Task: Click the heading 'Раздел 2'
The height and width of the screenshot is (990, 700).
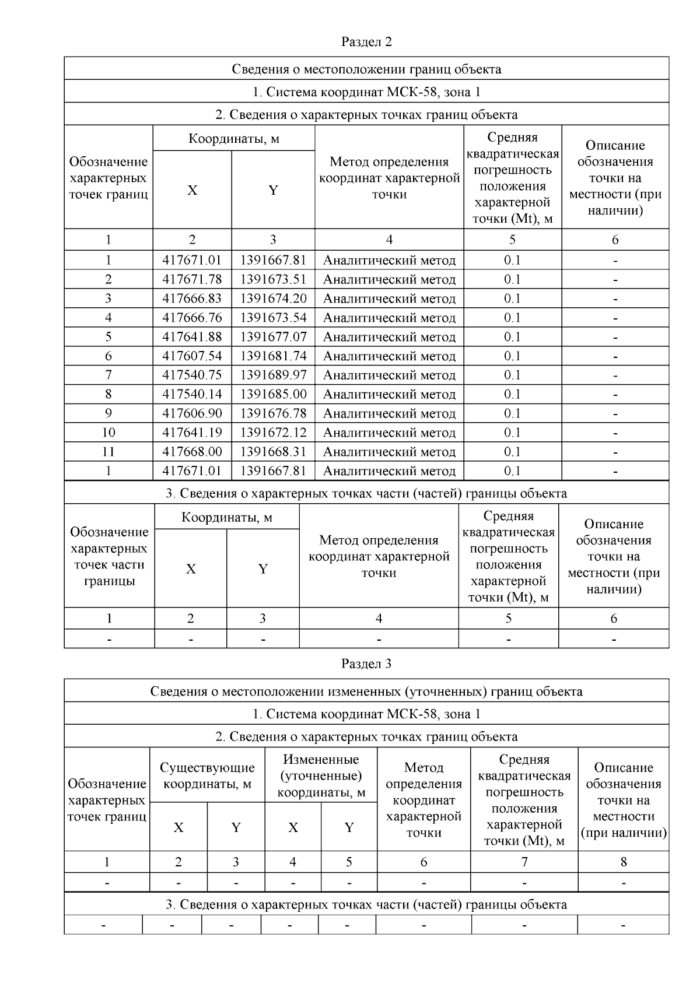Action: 366,42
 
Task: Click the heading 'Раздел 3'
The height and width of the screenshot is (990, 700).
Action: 366,663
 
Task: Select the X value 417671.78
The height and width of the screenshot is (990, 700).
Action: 192,279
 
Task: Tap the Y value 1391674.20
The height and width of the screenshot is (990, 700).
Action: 273,299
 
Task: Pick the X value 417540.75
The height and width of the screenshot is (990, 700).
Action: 192,375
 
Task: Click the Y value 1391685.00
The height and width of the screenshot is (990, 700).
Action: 273,394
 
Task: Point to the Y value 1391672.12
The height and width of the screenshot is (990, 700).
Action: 273,433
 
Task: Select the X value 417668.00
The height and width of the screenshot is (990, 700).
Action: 192,452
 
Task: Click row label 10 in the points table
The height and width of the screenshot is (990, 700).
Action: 108,433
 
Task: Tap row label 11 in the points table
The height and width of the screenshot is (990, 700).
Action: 108,452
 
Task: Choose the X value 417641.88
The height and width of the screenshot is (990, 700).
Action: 192,337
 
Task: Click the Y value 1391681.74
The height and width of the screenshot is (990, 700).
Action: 273,356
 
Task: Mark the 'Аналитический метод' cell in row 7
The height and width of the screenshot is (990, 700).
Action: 389,375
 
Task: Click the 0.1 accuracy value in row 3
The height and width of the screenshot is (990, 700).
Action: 512,299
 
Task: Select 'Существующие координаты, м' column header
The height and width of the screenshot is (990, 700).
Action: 207,775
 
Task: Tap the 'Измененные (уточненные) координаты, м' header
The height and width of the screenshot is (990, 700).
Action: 321,775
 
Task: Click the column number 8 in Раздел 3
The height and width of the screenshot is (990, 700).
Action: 623,862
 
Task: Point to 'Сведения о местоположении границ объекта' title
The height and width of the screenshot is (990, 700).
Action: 366,69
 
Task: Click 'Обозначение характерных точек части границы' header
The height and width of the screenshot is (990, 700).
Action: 109,556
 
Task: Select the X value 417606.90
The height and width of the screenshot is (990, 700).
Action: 192,413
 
